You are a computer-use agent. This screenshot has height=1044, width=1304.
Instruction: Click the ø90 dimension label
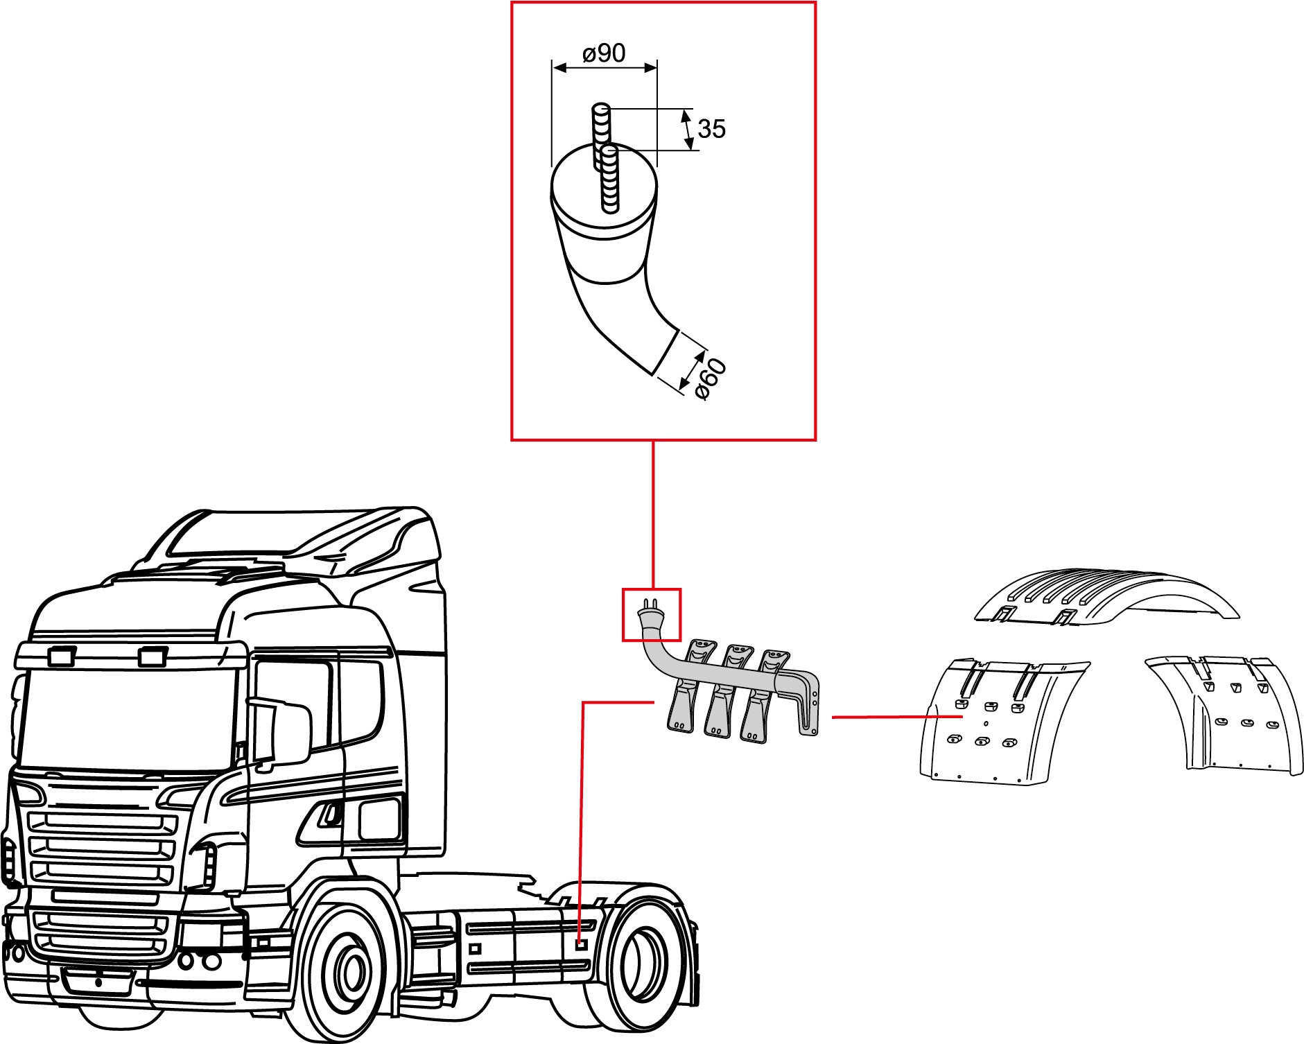604,53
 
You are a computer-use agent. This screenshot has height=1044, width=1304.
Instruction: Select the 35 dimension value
711,129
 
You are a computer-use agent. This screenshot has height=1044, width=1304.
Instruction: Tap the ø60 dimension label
711,379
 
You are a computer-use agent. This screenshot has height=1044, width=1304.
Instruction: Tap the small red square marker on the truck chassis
582,944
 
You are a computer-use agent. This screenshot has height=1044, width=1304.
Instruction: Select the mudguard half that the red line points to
998,724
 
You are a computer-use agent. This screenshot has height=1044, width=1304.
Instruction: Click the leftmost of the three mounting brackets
687,686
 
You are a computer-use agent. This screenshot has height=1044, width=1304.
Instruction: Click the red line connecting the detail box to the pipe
653,514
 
